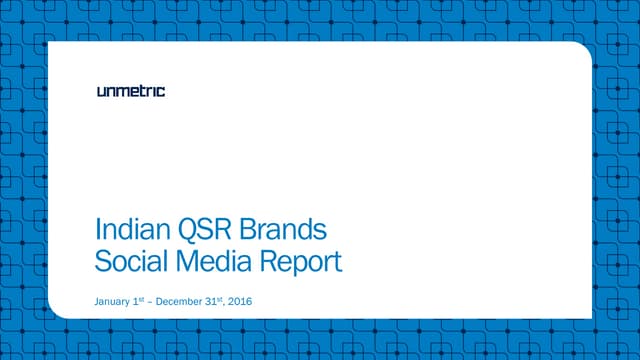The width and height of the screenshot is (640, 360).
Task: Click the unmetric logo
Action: tap(131, 91)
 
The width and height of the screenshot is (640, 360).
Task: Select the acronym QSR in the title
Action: tap(194, 229)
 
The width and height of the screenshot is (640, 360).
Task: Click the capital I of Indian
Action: tap(97, 229)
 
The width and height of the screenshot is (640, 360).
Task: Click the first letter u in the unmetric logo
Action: tap(102, 92)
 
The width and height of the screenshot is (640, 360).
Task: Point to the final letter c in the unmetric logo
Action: tap(161, 92)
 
